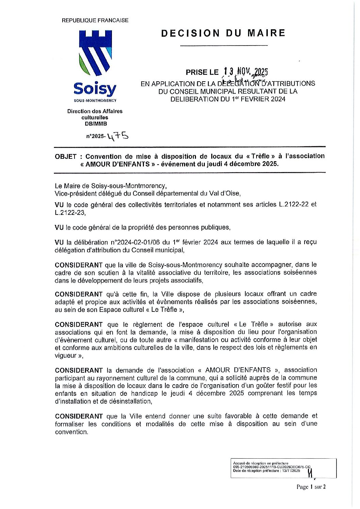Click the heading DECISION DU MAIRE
pos(223,33)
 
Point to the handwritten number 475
pos(117,136)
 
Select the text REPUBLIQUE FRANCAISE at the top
pos(95,20)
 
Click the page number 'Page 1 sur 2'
pos(311,487)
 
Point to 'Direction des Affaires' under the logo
pos(95,111)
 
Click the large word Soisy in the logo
pos(95,89)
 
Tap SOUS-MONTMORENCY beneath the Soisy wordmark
pos(95,101)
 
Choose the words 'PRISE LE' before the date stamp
pos(201,72)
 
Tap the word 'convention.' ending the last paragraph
pos(71,432)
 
